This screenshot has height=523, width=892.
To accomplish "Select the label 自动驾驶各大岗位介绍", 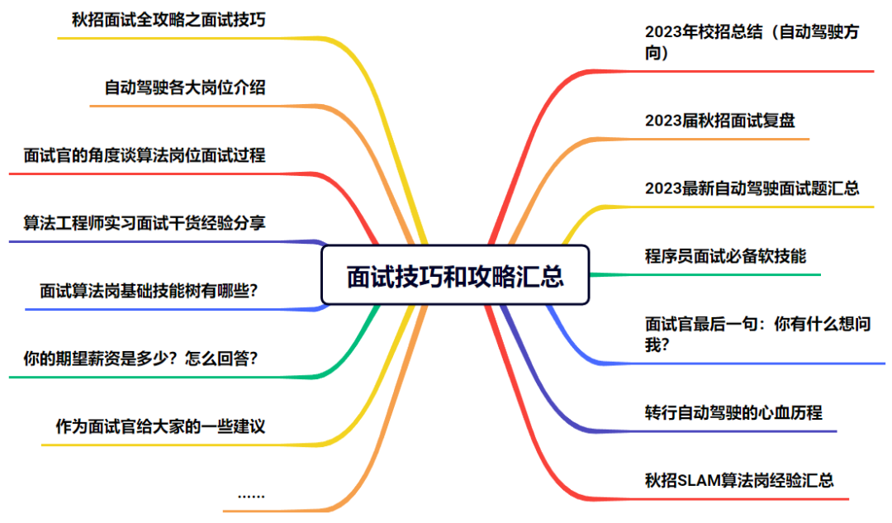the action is click(185, 87).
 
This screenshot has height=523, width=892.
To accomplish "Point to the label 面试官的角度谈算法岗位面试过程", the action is click(145, 155).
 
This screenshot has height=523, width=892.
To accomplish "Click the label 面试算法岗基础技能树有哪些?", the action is click(149, 290).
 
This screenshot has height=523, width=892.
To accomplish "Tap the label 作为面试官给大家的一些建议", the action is click(160, 426).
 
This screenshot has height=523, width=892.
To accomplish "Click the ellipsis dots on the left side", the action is click(250, 495).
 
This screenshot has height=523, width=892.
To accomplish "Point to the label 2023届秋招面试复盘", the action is click(719, 120).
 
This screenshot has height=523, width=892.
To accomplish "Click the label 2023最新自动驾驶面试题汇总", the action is click(752, 188).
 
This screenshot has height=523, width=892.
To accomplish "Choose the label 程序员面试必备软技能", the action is click(725, 255).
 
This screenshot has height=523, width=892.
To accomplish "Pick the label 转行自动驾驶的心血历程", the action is click(733, 411).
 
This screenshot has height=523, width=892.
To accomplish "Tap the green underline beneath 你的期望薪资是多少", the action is click(165, 378).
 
